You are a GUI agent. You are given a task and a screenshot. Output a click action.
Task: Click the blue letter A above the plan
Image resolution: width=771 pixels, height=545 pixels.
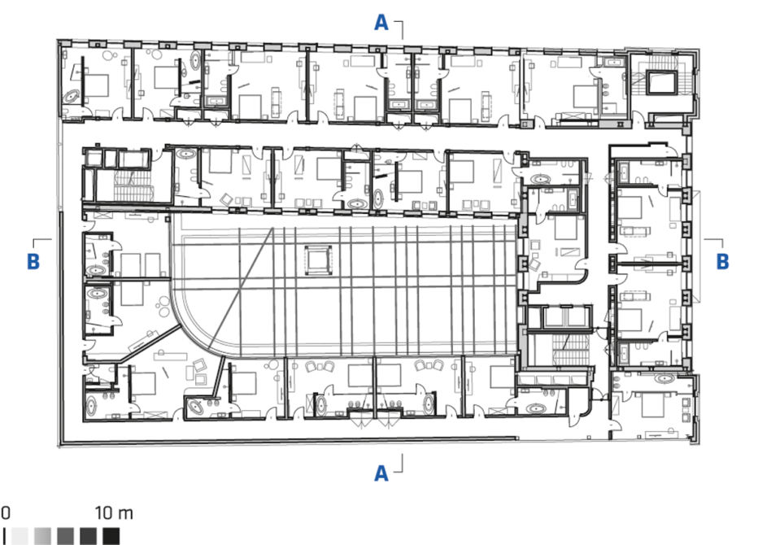(x=381, y=23)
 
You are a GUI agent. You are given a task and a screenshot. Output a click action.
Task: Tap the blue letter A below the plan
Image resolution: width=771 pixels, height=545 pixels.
(x=381, y=473)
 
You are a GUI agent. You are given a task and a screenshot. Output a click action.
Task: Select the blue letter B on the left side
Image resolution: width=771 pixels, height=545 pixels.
(x=33, y=261)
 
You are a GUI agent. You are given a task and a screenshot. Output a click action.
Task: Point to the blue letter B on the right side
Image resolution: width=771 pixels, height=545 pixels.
(x=722, y=261)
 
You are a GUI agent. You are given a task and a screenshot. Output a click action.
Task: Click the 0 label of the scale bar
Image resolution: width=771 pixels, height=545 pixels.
(x=6, y=513)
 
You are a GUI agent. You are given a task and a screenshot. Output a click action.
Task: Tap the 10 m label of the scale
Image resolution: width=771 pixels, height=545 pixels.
(x=114, y=513)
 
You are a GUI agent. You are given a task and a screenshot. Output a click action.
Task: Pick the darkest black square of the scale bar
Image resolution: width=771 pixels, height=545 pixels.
(x=111, y=536)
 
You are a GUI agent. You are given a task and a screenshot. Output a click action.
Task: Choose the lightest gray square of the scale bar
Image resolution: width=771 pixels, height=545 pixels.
(x=20, y=536)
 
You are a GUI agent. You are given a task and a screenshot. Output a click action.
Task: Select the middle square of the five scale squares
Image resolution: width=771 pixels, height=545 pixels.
(x=65, y=536)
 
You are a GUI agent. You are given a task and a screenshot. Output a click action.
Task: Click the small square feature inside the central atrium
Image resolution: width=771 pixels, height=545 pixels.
(x=318, y=260)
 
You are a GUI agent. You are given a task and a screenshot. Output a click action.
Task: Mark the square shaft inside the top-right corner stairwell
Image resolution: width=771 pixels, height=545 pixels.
(x=662, y=82)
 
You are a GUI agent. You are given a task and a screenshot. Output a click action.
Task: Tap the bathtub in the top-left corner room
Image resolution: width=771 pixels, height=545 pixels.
(x=72, y=97)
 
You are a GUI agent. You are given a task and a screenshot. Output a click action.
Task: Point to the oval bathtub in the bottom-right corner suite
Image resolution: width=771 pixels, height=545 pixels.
(x=664, y=379)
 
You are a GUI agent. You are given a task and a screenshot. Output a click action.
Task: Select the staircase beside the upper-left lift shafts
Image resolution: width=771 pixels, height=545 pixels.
(x=131, y=186)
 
